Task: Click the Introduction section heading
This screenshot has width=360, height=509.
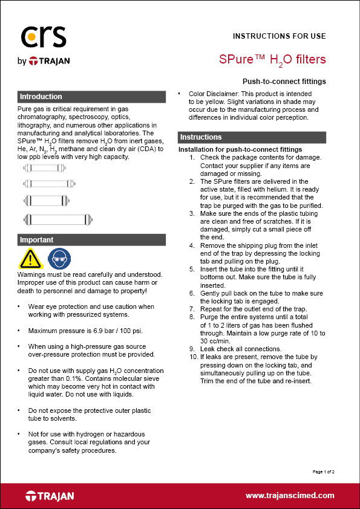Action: [41, 97]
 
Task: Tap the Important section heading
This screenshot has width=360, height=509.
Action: [37, 240]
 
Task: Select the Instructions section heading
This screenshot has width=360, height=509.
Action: [201, 137]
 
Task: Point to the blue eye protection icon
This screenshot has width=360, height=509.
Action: [58, 259]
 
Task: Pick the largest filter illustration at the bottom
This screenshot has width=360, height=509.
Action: [57, 219]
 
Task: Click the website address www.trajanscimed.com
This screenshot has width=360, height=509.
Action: [290, 495]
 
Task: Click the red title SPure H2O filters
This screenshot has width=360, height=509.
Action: [272, 60]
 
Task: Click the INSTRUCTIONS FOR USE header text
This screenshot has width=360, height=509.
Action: [280, 36]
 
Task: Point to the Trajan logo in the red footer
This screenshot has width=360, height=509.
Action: [50, 496]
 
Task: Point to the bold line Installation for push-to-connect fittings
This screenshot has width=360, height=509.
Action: [240, 149]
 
